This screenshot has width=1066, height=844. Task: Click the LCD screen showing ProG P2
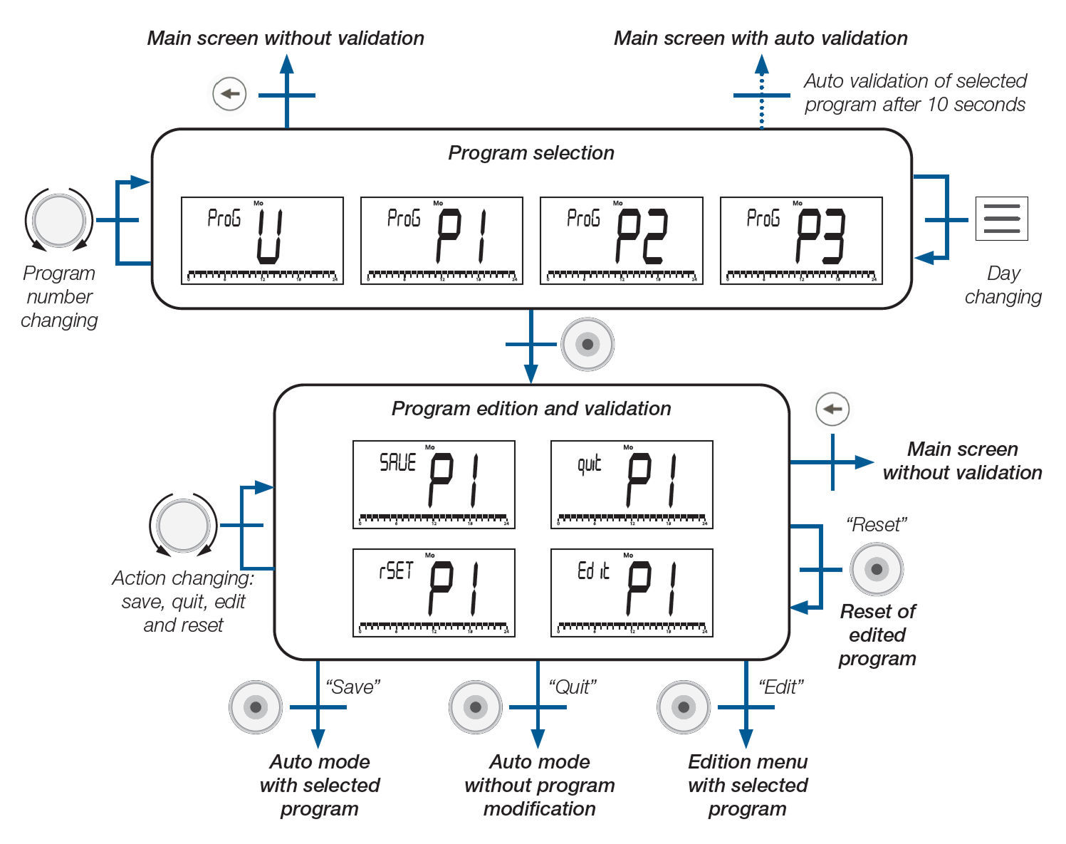point(622,241)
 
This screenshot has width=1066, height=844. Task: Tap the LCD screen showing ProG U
point(262,241)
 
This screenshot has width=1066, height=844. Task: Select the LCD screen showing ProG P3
point(801,241)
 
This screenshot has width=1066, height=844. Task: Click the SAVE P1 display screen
point(434,484)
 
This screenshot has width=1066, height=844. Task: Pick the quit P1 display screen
point(632,484)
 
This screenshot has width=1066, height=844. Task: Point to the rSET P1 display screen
point(434,593)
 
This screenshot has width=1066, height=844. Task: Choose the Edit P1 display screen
point(632,593)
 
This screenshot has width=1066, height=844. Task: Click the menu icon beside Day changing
point(1001,219)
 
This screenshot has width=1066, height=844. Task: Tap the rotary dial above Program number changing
point(59,220)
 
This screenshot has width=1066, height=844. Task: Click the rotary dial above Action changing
point(183,526)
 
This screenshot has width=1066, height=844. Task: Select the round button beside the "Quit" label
point(476,707)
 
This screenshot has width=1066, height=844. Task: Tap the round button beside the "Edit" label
point(684,707)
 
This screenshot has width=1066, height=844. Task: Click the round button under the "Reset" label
point(877,569)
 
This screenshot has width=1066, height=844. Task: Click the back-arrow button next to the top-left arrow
point(229,93)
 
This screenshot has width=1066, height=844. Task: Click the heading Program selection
point(531,153)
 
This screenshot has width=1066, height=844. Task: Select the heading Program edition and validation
point(531,409)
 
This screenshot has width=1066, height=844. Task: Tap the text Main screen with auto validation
point(761,38)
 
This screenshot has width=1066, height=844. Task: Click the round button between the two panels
point(587,345)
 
